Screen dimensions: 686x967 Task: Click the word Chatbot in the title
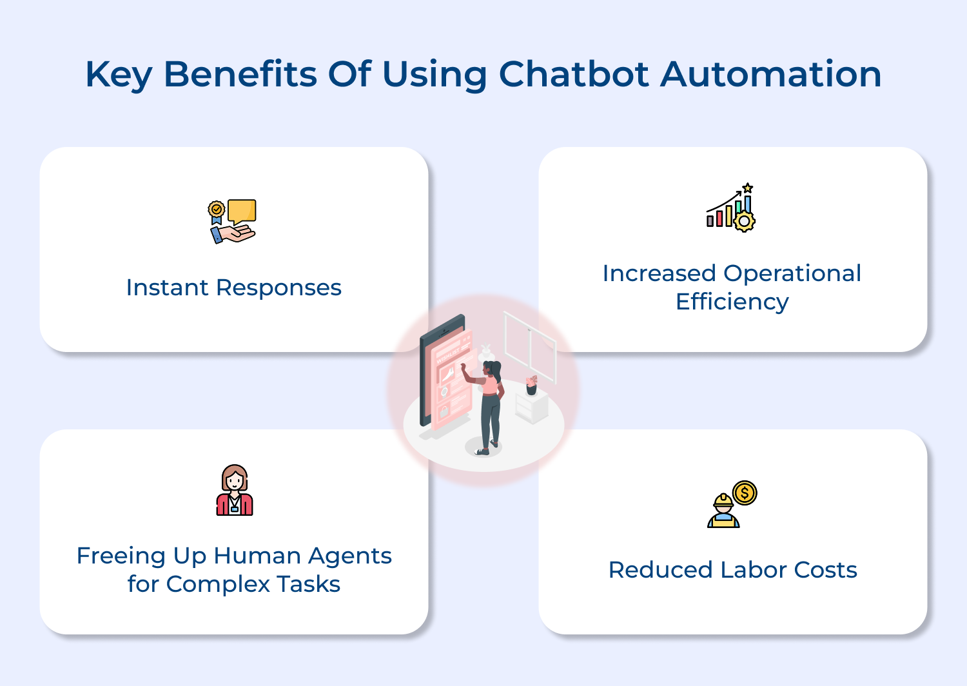[x=574, y=74]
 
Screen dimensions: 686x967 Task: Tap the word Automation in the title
[x=771, y=74]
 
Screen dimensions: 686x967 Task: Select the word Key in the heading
[x=119, y=75]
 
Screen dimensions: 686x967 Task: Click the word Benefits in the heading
[x=240, y=74]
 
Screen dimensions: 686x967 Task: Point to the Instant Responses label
[x=233, y=288]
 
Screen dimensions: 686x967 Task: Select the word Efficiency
[x=732, y=302]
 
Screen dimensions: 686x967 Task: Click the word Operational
[x=792, y=273]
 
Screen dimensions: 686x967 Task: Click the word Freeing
[x=121, y=556]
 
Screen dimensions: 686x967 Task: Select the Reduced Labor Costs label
[x=732, y=570]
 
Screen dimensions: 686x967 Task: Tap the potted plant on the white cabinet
[x=531, y=385]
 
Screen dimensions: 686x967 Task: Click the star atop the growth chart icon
[x=747, y=188]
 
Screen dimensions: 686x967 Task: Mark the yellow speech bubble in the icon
[x=242, y=211]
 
